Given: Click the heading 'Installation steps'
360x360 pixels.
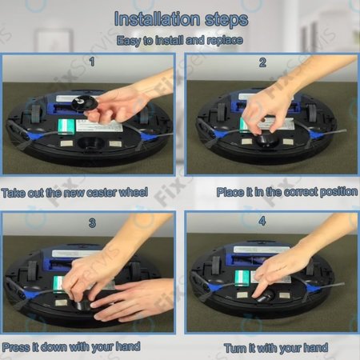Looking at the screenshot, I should pyautogui.click(x=179, y=18).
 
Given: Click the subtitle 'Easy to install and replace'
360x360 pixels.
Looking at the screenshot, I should pyautogui.click(x=179, y=41).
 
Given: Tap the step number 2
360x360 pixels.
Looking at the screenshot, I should pyautogui.click(x=262, y=62).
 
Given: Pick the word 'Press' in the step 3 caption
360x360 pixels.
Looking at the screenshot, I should pyautogui.click(x=17, y=346).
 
